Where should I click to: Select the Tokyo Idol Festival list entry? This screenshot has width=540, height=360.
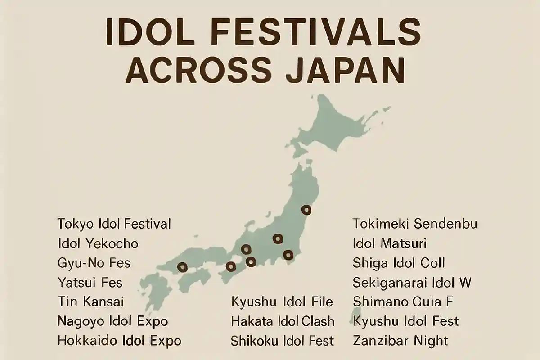point(114,224)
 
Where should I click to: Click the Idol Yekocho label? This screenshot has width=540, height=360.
point(98,244)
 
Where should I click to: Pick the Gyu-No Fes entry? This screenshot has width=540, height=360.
point(94,262)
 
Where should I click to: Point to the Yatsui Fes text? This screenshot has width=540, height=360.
point(90,283)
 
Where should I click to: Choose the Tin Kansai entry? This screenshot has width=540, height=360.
point(90,301)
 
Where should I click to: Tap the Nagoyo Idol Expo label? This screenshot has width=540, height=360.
point(112,321)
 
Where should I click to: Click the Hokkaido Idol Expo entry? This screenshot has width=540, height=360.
point(119,340)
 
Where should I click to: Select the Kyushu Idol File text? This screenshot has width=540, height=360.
point(282,301)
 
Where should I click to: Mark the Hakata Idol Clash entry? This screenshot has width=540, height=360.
point(283,321)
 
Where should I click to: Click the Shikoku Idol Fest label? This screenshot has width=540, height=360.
point(282,341)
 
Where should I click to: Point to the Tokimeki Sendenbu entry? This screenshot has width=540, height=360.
point(414,224)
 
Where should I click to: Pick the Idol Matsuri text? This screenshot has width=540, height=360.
point(389,244)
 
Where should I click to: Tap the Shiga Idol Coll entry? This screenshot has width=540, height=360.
point(399,263)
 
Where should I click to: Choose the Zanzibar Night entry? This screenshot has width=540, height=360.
point(400,340)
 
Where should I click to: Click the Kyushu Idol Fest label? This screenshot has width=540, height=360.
point(406,321)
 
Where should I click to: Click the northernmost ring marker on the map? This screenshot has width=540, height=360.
point(306,209)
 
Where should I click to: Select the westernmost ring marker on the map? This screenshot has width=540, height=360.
point(182,267)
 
